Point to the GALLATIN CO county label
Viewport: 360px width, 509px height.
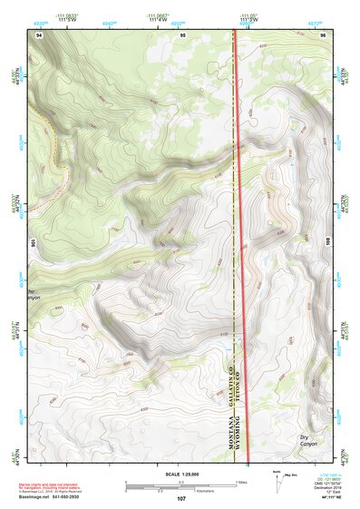(x=232, y=382)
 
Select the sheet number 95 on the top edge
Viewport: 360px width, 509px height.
(x=182, y=34)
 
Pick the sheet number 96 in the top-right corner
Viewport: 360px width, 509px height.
(x=324, y=34)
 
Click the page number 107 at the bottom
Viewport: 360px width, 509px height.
(x=181, y=498)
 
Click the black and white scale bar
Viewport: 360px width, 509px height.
(x=181, y=485)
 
